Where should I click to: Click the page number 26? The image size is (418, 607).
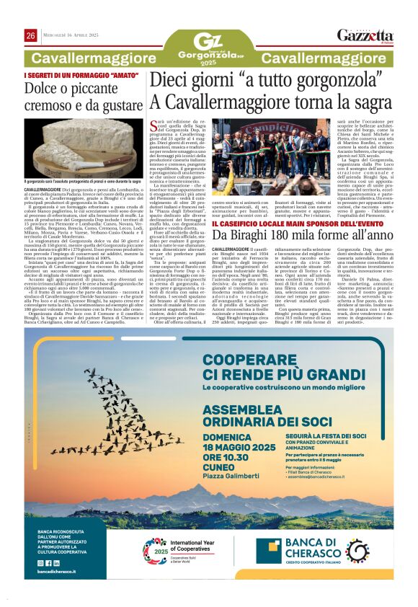click(x=31, y=35)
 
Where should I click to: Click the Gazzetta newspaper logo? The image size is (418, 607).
click(x=375, y=36)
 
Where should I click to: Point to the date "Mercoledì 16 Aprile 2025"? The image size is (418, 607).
click(x=74, y=35)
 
